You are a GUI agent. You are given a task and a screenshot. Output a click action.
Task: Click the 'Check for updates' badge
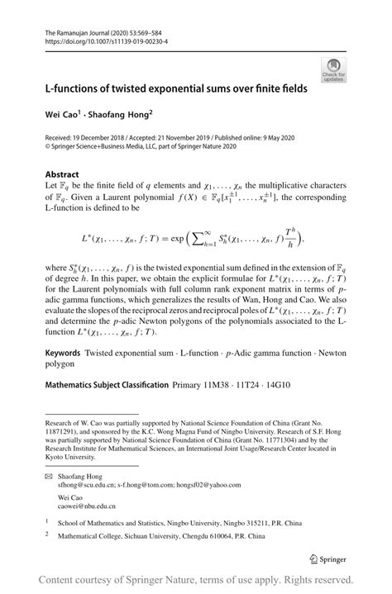[335, 69]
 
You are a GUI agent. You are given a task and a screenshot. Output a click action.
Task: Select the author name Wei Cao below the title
[64, 112]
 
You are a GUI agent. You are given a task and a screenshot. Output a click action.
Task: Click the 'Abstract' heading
[63, 175]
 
